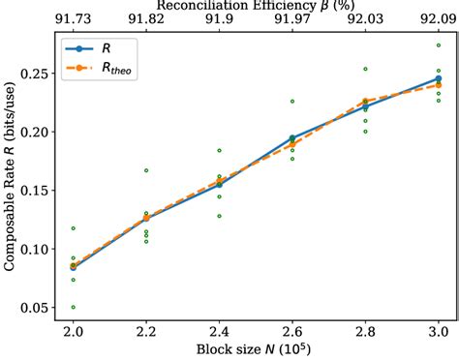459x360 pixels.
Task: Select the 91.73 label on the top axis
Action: tap(73, 19)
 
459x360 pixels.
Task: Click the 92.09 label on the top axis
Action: tap(439, 19)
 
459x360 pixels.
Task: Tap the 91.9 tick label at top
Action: tap(219, 19)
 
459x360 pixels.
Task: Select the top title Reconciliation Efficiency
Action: tap(256, 6)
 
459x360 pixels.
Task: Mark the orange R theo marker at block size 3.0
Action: tap(439, 85)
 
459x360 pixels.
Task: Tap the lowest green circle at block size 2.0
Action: tap(73, 307)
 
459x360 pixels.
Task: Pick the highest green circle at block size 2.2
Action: tap(146, 170)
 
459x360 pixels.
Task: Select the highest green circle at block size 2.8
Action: tap(365, 69)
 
